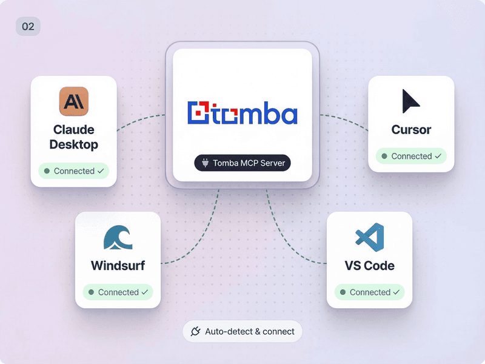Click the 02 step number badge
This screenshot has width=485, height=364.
coord(28,26)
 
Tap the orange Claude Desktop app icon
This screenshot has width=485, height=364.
coord(73,101)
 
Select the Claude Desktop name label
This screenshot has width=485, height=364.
coord(73,137)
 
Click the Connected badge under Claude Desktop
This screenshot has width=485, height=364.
coord(73,171)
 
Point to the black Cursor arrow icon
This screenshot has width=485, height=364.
coord(410,101)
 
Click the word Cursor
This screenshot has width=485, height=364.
coord(411,130)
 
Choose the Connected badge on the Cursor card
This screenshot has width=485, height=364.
coord(411,156)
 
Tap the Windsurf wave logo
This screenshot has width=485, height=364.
coord(118,237)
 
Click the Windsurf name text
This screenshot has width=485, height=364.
coord(118,266)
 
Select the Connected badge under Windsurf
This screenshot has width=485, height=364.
coord(118,292)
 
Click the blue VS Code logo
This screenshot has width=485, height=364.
coord(370,237)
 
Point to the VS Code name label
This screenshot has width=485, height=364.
coord(370,266)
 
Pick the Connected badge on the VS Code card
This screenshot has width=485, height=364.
coord(370,292)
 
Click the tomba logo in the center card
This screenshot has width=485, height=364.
coord(242,113)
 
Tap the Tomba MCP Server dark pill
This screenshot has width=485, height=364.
coord(242,163)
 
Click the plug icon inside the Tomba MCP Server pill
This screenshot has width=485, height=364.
coord(205,163)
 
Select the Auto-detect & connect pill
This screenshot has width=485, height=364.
coord(242,331)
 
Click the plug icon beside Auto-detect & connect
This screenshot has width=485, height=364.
coord(195,331)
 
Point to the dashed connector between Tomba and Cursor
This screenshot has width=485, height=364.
coord(345,120)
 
